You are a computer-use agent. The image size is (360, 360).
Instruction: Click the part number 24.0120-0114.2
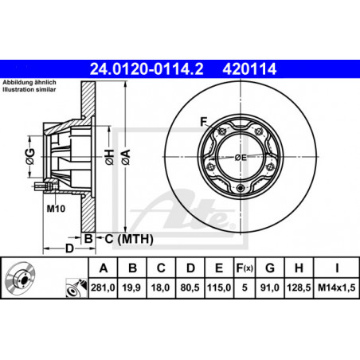click(x=147, y=69)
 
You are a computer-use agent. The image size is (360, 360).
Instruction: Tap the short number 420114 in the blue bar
click(x=249, y=69)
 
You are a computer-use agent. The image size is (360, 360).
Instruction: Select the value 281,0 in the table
click(x=103, y=288)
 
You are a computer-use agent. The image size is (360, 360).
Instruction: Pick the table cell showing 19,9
click(x=131, y=288)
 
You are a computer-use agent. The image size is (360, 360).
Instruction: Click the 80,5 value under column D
click(x=190, y=288)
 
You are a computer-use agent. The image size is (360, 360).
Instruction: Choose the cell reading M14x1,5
click(x=337, y=288)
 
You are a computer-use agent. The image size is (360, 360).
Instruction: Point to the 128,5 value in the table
click(x=299, y=288)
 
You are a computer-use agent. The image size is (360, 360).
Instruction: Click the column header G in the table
click(x=270, y=268)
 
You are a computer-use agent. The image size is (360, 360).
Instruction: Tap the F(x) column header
click(x=245, y=268)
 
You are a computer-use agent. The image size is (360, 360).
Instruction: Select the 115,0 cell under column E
click(x=219, y=288)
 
